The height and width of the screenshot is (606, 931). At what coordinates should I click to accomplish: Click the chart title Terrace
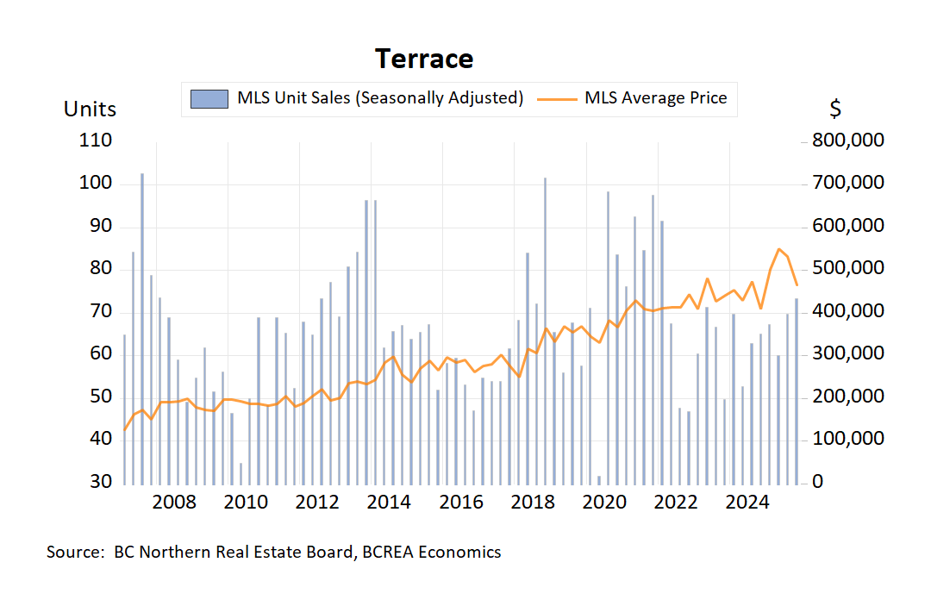424,59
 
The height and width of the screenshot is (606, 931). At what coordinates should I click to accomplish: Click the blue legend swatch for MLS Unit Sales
209,98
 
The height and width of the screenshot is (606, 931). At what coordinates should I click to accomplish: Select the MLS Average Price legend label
655,97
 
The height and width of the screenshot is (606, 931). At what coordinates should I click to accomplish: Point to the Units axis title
90,109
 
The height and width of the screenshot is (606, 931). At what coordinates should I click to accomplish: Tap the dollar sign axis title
835,109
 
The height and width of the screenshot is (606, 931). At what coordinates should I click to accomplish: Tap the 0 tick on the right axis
818,482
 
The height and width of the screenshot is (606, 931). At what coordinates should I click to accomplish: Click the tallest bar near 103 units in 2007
142,328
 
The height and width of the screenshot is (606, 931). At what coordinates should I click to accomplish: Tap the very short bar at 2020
599,478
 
